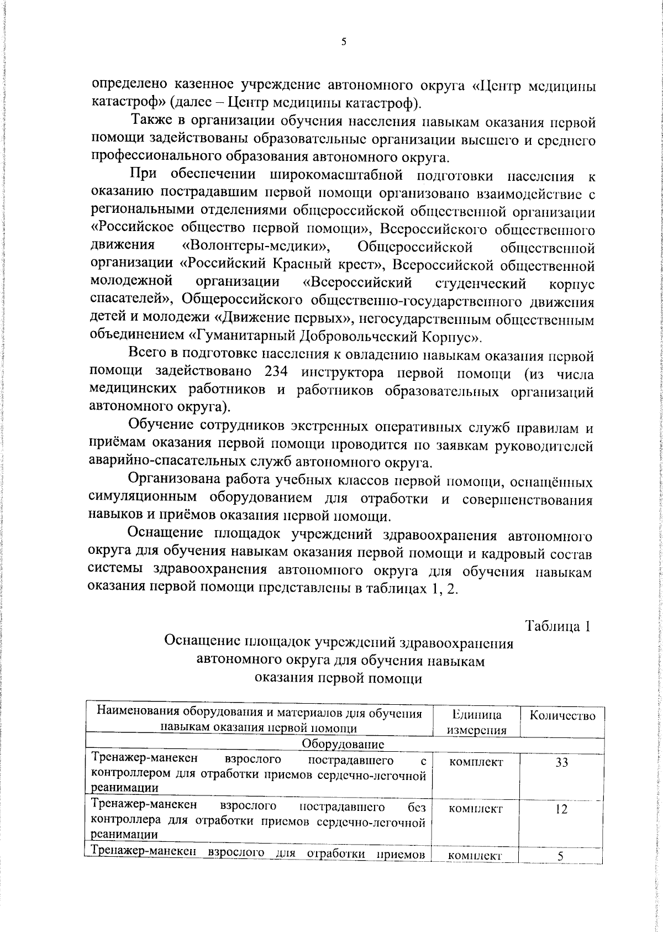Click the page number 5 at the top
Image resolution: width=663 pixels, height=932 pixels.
[x=344, y=41]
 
